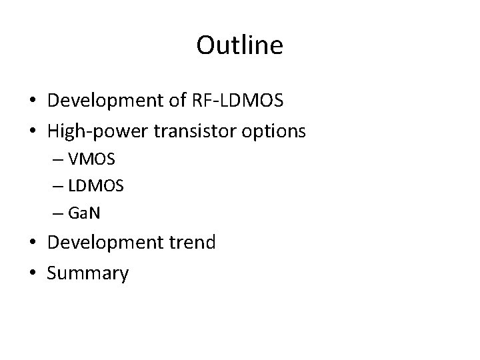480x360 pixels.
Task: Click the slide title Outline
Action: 240,45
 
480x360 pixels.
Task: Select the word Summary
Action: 88,273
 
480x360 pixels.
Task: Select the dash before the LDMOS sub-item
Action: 71,187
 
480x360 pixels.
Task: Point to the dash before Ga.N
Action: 71,213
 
